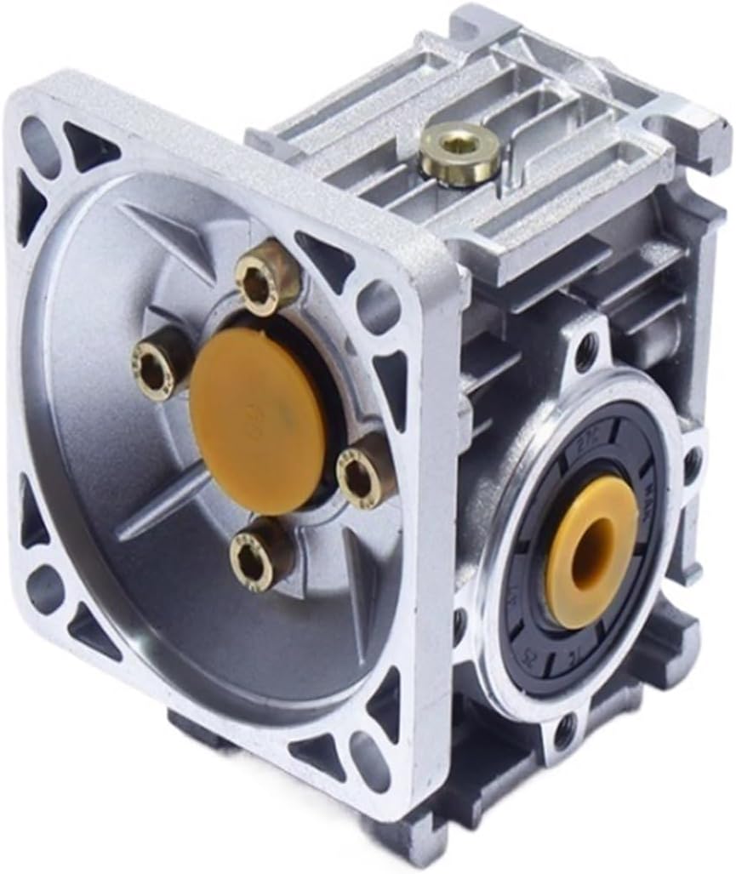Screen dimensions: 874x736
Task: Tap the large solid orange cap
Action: [x=258, y=419]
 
